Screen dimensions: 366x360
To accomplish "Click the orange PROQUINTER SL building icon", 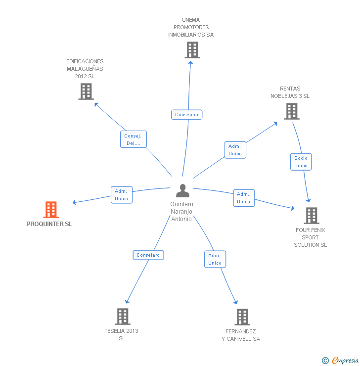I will [51, 210].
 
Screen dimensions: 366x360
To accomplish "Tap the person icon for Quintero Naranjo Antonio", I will [182, 191].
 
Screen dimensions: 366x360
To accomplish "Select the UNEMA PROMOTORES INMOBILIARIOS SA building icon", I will [192, 50].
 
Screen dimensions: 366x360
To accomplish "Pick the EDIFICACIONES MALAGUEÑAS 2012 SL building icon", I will [86, 91].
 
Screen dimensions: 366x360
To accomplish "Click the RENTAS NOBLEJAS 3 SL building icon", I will [292, 111].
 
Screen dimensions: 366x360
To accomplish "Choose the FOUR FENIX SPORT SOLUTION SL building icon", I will [311, 216].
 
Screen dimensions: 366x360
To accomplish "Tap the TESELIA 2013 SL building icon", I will [122, 317].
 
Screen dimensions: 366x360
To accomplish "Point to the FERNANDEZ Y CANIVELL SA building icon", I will [242, 317].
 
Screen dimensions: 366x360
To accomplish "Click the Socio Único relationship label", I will [301, 162].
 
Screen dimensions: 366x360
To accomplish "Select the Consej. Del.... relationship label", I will [134, 139].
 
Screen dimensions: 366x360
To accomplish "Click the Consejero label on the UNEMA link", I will [187, 115].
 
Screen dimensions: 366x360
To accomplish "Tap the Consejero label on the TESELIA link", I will [148, 255].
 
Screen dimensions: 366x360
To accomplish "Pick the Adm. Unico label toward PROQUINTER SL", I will [121, 195].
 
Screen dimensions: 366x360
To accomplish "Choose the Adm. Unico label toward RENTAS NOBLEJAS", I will [235, 150].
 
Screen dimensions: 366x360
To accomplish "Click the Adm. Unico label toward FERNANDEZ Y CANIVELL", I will [215, 259].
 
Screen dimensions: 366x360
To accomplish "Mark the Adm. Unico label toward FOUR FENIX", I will [243, 198].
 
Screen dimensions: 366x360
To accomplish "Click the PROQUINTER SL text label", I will [49, 224].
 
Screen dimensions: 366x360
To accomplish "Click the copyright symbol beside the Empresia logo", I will [325, 361].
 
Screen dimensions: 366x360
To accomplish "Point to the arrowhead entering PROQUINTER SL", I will [74, 202].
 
